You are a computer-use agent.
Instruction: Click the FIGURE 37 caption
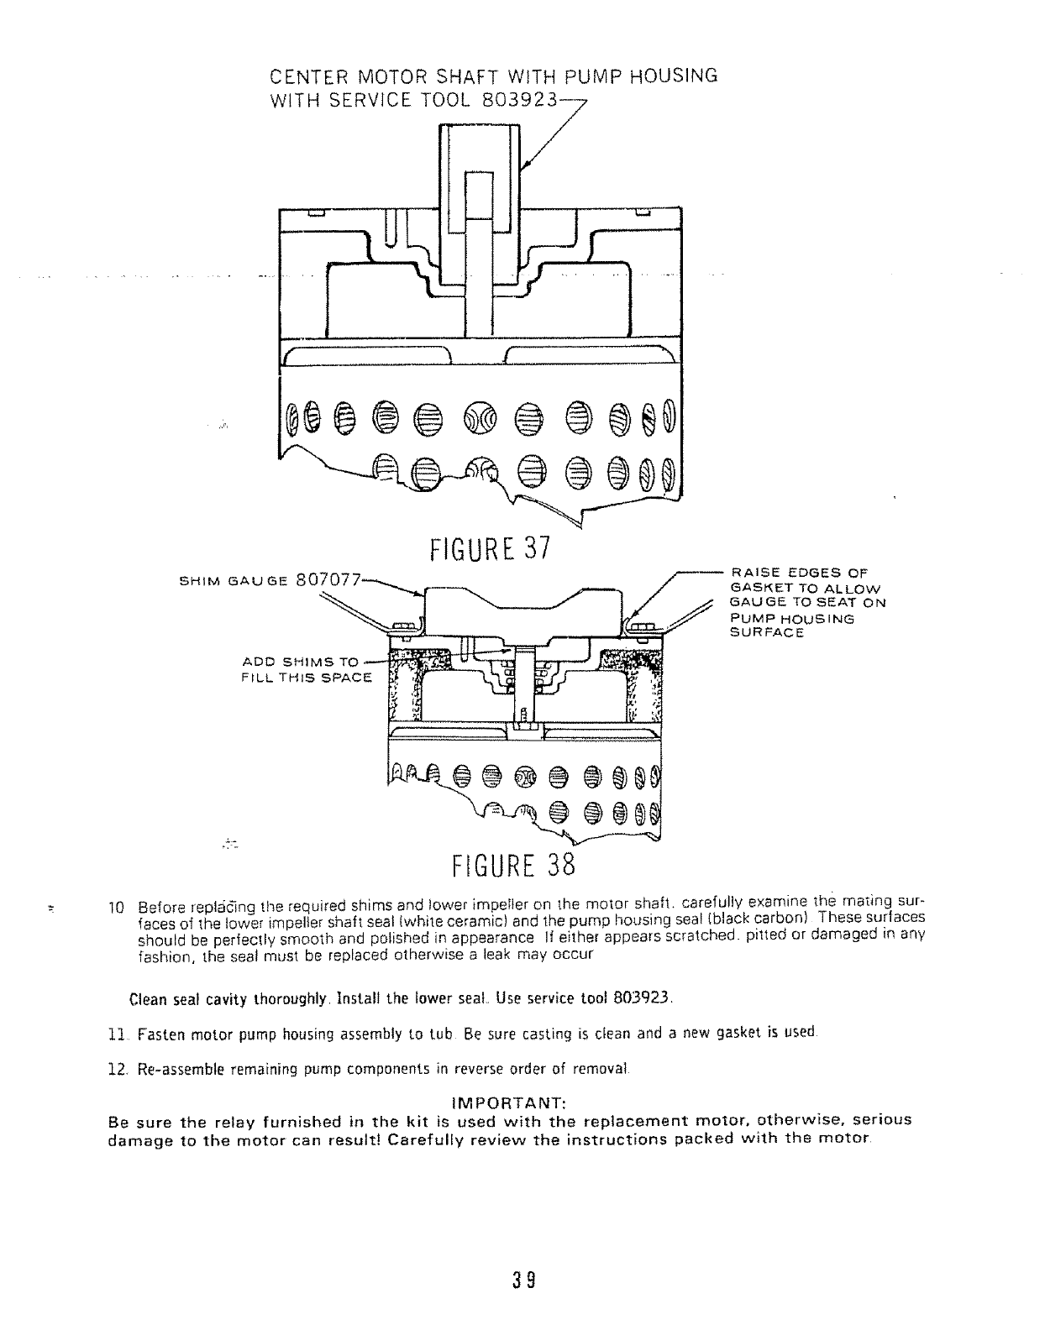pos(489,548)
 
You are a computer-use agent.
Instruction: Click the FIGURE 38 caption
pos(511,863)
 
